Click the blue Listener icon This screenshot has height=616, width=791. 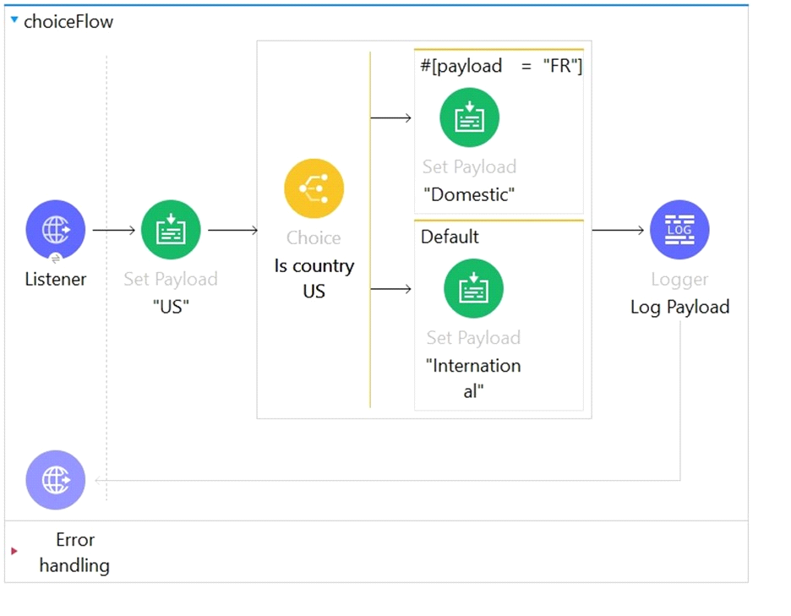56,230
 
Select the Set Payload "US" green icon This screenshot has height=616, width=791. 171,230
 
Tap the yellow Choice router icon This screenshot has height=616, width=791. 314,188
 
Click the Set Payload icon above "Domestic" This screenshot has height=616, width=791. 470,117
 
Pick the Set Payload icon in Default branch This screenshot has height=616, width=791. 474,289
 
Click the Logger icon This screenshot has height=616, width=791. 679,230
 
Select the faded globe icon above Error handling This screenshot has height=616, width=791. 56,480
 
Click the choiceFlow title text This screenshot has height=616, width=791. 68,22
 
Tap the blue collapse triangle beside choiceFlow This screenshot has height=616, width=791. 14,20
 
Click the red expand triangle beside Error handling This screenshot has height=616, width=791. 14,551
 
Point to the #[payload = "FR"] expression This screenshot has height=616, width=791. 501,66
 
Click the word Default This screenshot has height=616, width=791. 450,237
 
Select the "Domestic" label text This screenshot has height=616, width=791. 469,194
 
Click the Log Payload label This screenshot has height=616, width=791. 680,307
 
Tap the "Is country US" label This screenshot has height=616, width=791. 314,279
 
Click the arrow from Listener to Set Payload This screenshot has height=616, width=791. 114,230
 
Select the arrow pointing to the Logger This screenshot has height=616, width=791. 619,230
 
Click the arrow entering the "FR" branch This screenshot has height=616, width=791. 391,118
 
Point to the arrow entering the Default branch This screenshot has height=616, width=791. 391,289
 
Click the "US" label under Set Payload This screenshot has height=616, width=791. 171,307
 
